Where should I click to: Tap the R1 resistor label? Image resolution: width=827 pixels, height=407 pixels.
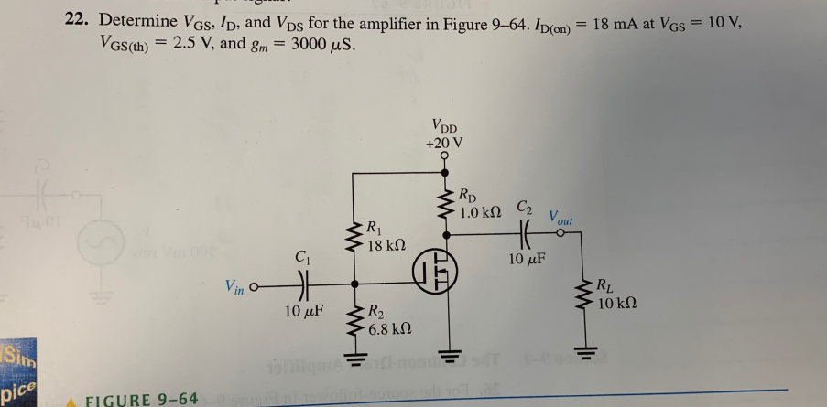click(375, 228)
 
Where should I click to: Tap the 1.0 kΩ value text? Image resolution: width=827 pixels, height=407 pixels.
click(481, 211)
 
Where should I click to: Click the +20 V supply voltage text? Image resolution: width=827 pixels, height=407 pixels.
click(444, 143)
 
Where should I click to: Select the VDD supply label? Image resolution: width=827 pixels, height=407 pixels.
click(445, 127)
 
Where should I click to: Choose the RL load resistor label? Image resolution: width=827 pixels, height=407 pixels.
click(607, 284)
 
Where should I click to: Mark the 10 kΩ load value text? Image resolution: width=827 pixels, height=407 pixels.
click(616, 302)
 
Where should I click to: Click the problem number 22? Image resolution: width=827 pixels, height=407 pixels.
click(77, 20)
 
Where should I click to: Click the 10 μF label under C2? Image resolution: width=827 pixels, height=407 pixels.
click(527, 258)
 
